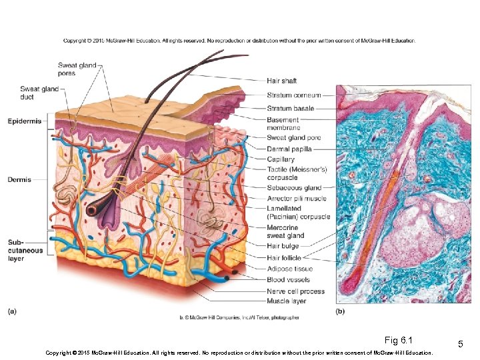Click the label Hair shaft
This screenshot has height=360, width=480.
tap(281, 81)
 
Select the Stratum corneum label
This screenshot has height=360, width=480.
tap(293, 95)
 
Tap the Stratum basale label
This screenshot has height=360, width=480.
tap(289, 108)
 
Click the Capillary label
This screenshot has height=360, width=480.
tap(280, 159)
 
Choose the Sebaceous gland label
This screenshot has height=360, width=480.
tap(294, 188)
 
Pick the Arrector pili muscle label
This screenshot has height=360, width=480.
tap(297, 199)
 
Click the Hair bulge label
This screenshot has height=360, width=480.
tap(282, 247)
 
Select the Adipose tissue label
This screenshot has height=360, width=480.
tap(289, 269)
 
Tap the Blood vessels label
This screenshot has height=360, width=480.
tap(288, 280)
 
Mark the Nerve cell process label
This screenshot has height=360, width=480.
tap(295, 291)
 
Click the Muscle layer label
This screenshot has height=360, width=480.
tap(287, 301)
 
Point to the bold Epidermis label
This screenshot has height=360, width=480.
tap(25, 121)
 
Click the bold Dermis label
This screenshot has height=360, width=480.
tap(19, 179)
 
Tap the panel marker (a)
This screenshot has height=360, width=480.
tap(13, 311)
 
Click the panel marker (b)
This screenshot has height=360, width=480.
tap(340, 311)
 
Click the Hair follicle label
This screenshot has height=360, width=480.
tap(284, 258)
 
